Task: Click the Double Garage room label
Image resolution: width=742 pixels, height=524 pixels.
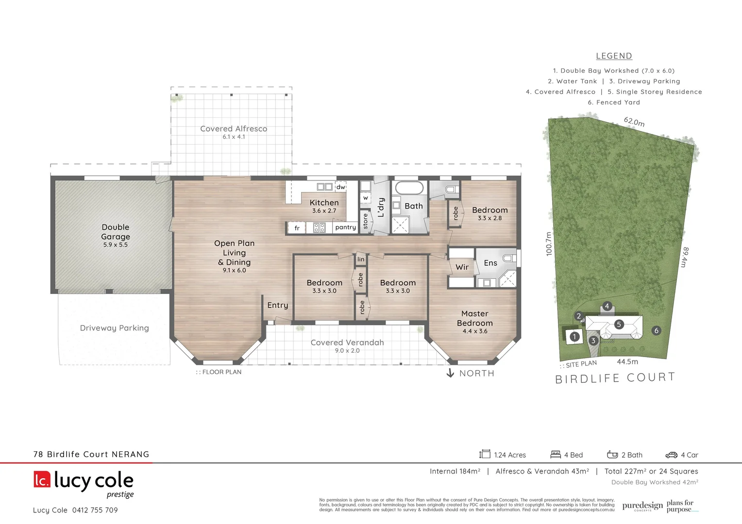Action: click(x=116, y=232)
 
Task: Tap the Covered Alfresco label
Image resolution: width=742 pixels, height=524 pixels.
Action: click(x=234, y=129)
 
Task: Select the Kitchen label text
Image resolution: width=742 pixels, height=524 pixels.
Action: click(x=324, y=203)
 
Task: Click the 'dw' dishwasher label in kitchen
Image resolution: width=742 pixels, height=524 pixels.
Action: click(x=341, y=187)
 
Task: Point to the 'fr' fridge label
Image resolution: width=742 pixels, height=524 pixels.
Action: click(x=297, y=228)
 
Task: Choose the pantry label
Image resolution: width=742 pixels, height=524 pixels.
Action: click(x=345, y=227)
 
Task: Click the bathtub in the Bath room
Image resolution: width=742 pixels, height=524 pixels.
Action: click(x=409, y=188)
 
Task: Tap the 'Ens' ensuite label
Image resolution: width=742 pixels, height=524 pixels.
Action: click(x=490, y=263)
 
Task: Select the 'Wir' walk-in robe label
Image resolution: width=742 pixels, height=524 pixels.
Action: click(x=462, y=267)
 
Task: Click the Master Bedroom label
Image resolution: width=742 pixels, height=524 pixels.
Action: click(x=474, y=318)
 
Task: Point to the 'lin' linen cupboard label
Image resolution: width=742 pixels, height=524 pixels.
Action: click(x=361, y=259)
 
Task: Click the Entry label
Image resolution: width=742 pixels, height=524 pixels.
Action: click(x=277, y=305)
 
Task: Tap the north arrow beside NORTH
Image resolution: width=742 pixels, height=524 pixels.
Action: click(x=450, y=373)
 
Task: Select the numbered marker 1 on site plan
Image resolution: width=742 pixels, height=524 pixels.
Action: click(x=574, y=336)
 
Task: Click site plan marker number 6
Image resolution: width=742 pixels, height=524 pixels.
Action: click(x=657, y=330)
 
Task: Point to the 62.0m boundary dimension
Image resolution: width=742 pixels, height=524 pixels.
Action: click(x=634, y=122)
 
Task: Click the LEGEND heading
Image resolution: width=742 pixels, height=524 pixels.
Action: click(x=614, y=56)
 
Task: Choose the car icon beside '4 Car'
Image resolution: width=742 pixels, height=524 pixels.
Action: click(x=671, y=455)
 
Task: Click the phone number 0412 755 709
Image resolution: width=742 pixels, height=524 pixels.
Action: click(x=95, y=510)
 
